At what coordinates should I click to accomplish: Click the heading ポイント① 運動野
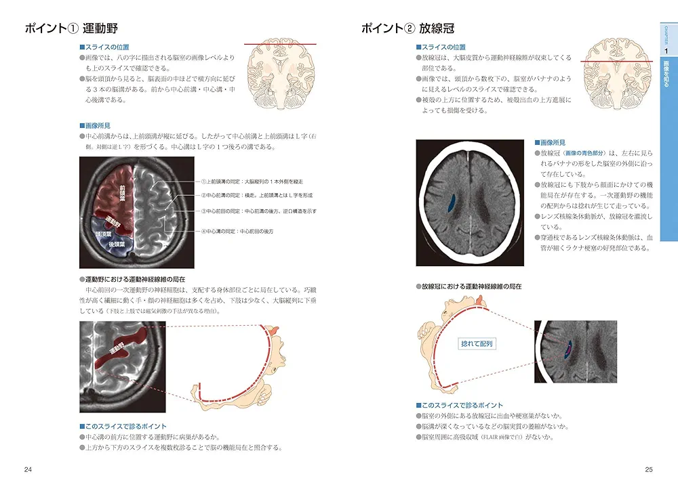[x=71, y=28]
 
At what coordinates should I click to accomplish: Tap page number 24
[x=27, y=470]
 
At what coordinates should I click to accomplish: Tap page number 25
[x=649, y=470]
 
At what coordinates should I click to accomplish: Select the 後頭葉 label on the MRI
[x=115, y=243]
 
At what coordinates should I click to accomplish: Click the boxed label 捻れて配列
[x=477, y=344]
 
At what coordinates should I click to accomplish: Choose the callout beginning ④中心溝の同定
[x=237, y=232]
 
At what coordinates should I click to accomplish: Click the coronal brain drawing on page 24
[x=278, y=74]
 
